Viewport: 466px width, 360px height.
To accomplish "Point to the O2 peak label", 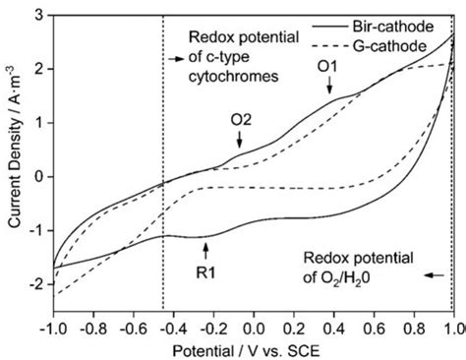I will [242, 122].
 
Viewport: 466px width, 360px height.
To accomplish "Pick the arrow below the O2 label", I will [241, 141].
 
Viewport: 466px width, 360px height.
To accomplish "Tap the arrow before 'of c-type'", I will [177, 59].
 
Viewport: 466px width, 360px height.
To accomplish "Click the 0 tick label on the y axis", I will [37, 177].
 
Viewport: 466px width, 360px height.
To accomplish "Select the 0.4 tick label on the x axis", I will [333, 325].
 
